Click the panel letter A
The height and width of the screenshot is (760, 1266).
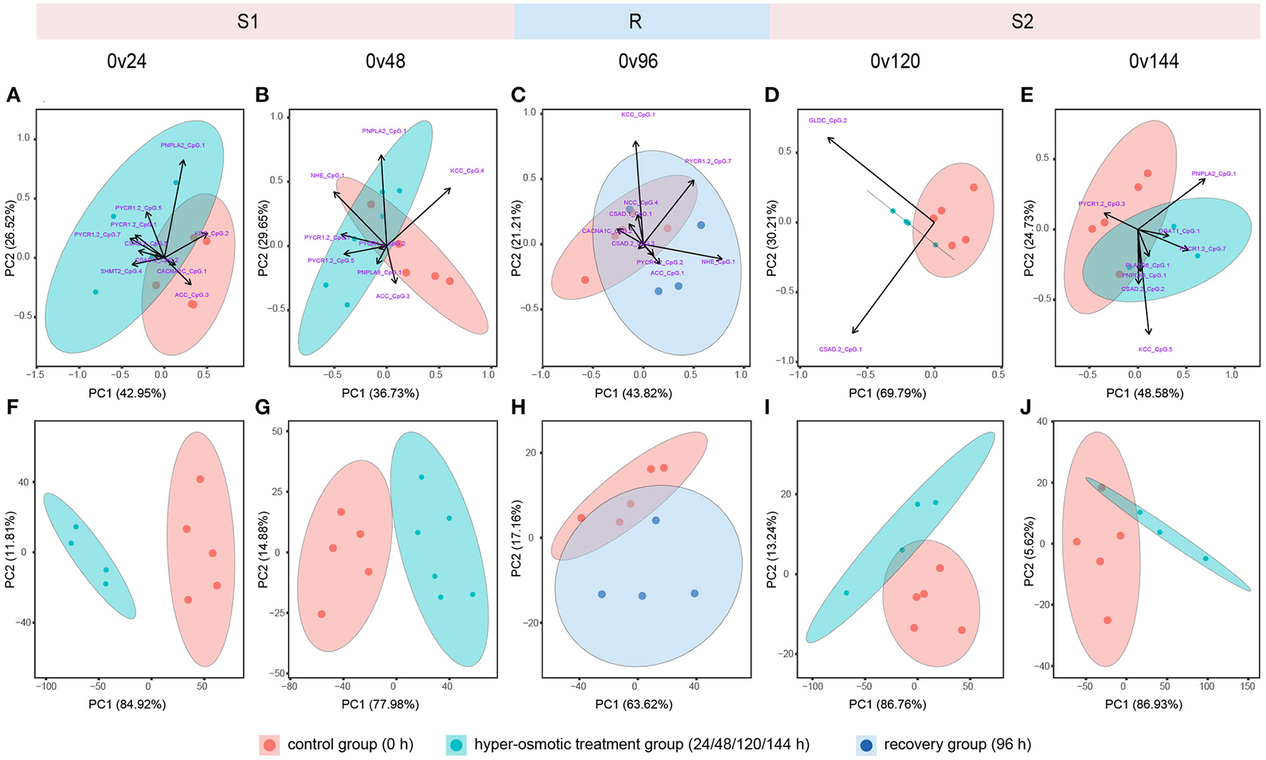tap(13, 95)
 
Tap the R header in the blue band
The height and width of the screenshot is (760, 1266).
tap(634, 21)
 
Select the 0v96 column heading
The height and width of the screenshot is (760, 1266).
tap(638, 61)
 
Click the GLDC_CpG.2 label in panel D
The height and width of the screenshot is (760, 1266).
tap(827, 121)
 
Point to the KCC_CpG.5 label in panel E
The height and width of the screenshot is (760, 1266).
tap(1155, 350)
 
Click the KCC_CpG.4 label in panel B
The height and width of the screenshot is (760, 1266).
tap(467, 171)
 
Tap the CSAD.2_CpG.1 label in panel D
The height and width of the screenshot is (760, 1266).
tap(840, 350)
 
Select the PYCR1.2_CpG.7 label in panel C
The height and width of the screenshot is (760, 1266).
tap(707, 162)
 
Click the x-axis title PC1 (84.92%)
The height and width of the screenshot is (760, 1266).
tap(127, 704)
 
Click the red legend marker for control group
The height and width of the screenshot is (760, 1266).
tap(269, 745)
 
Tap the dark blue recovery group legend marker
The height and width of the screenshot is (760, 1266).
tap(866, 745)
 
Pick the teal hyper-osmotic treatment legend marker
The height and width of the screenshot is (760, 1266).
tap(457, 745)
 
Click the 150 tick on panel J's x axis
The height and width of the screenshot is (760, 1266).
tap(1248, 686)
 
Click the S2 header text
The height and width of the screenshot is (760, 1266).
tap(1022, 21)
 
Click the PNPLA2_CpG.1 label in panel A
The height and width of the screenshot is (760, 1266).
tap(182, 145)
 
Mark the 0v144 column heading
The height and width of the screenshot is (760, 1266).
tap(1153, 61)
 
